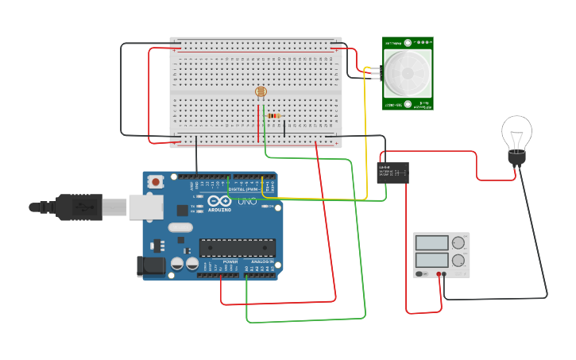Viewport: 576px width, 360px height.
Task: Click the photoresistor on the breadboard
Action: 261,92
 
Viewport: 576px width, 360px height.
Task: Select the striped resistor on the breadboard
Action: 274,116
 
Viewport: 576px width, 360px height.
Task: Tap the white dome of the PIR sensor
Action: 408,73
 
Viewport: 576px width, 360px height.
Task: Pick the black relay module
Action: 392,172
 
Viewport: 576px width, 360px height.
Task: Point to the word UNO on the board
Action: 246,201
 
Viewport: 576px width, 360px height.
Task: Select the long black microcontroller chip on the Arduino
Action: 237,248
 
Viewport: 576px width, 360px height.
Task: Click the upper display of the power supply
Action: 431,243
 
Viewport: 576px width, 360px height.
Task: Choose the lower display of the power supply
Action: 431,260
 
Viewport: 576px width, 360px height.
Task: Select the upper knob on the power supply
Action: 458,243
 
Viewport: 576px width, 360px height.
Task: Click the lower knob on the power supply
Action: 458,260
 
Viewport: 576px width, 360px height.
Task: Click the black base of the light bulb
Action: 516,158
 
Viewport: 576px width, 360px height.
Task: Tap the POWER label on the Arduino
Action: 230,261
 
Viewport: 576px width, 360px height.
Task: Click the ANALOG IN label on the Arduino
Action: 262,261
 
